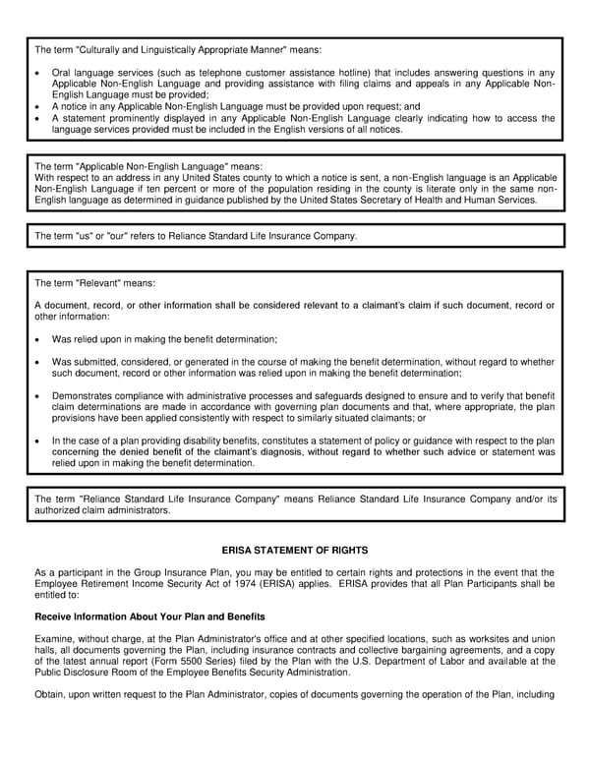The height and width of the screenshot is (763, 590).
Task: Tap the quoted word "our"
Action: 108,236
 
